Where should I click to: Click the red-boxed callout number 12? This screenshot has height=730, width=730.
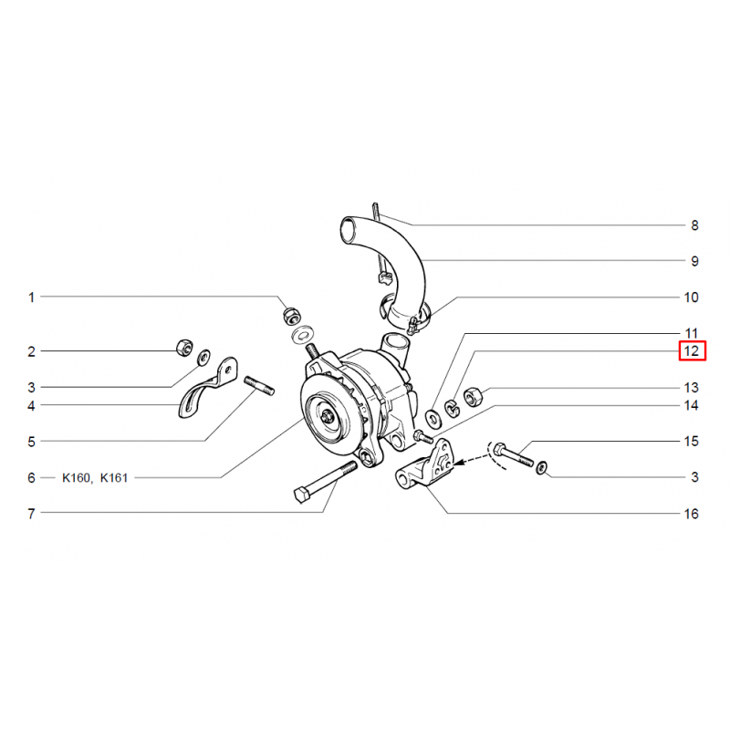pos(692,350)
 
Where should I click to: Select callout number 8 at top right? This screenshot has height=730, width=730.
pos(694,225)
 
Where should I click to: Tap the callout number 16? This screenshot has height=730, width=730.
pos(692,514)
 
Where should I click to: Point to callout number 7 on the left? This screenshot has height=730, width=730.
pos(31,514)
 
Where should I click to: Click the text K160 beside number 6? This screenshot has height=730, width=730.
pos(78,478)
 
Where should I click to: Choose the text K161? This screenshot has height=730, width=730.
pos(114,478)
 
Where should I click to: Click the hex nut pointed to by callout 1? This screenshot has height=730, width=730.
pos(291,316)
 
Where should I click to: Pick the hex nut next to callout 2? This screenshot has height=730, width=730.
pos(184,348)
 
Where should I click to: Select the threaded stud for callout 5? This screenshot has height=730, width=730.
pos(259,386)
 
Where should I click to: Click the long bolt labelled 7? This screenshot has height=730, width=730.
pos(326,482)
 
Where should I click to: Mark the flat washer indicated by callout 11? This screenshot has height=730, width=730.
pos(434,418)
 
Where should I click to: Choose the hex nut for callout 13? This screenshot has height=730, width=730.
pos(474,397)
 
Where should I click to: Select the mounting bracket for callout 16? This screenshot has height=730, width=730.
pos(424,465)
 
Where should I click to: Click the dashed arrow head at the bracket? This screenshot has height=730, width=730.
pos(457,463)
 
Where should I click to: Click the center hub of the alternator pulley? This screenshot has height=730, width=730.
pos(328,416)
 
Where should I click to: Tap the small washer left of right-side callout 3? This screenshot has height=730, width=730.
pos(542,467)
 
